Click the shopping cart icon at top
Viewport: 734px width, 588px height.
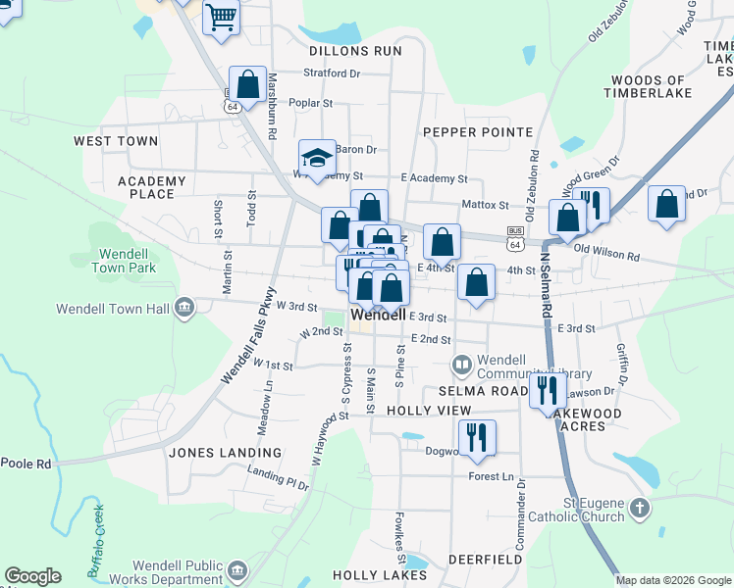click(x=221, y=16)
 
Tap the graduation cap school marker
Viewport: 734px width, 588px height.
click(x=317, y=158)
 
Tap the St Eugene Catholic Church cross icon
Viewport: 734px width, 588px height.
click(x=639, y=508)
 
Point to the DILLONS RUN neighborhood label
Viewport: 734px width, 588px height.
click(x=355, y=51)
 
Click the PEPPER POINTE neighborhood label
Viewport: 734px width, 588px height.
click(x=478, y=132)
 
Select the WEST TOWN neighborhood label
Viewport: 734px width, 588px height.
click(x=116, y=141)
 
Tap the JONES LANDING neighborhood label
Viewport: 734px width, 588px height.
click(x=225, y=453)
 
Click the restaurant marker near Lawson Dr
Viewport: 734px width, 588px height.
click(x=548, y=390)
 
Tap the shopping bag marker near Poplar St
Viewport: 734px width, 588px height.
click(x=247, y=83)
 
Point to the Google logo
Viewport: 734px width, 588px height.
click(x=32, y=576)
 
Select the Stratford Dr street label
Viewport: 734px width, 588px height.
click(x=333, y=73)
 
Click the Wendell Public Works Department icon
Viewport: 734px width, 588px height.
click(x=236, y=570)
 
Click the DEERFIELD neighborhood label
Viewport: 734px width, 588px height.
click(x=485, y=560)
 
